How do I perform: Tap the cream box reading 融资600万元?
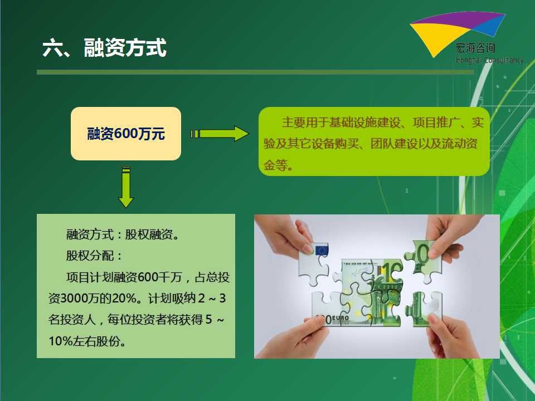tap(126, 133)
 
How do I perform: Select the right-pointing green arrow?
tap(220, 134)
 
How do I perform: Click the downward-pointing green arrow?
tap(126, 187)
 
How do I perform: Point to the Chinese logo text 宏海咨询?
tap(475, 48)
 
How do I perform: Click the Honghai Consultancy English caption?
tap(490, 60)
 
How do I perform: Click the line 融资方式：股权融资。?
tap(123, 234)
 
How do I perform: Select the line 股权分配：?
tap(95, 256)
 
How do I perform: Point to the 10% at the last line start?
tap(61, 341)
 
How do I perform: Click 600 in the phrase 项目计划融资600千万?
tap(148, 277)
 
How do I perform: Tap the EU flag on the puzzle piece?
tap(321, 251)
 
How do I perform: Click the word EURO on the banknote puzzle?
tap(341, 319)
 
